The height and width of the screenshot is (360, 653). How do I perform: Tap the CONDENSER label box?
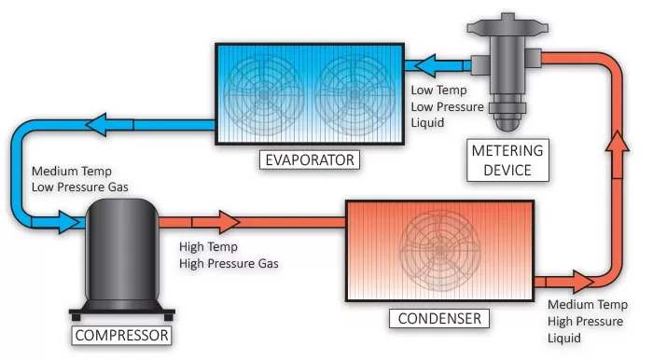click(x=439, y=319)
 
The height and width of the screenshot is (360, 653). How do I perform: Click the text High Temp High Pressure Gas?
click(x=228, y=255)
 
